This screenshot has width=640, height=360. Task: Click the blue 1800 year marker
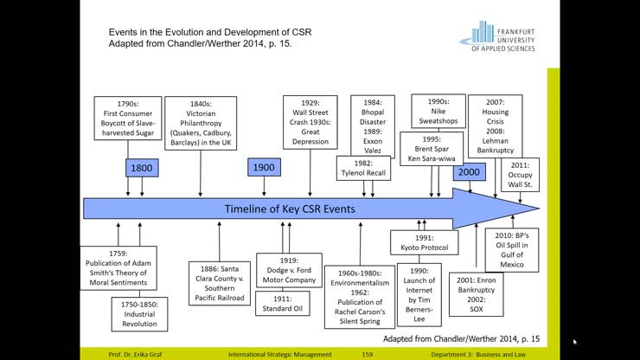(141, 167)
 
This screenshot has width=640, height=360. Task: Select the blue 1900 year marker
(263, 167)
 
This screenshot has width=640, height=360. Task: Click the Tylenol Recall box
(363, 168)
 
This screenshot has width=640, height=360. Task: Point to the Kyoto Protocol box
(424, 241)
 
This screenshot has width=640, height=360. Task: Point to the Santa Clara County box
(218, 282)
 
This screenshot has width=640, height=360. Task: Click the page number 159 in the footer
(367, 354)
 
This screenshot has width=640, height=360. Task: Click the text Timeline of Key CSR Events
(290, 209)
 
